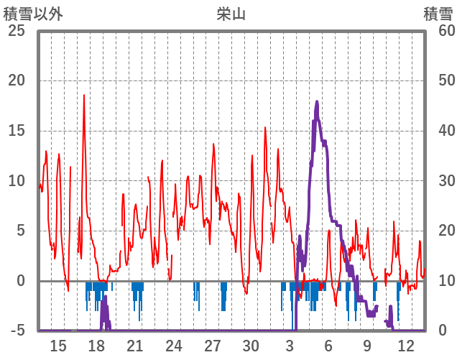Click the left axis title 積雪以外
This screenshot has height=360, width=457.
click(33, 13)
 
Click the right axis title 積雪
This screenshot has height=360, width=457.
click(438, 13)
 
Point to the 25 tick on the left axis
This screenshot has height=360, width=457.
click(16, 30)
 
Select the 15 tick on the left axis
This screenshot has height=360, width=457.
click(16, 131)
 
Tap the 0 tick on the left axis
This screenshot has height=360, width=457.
click(20, 281)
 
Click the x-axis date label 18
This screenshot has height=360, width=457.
click(96, 345)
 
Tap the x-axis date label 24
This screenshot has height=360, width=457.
click(174, 345)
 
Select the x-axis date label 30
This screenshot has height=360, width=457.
click(251, 345)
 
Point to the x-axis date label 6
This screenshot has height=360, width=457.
click(328, 345)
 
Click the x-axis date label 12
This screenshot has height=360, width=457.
click(405, 345)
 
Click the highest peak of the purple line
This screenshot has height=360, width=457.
click(317, 102)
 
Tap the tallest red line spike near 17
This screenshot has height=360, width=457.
click(84, 96)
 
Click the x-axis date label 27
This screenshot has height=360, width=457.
click(213, 345)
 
